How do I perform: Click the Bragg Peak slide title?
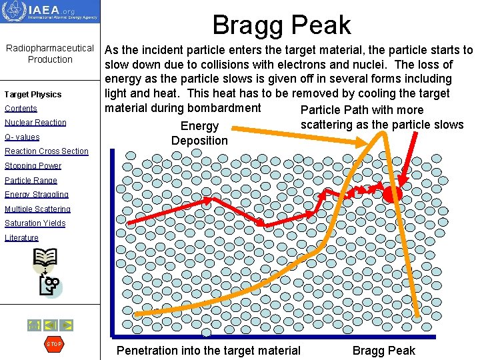tap(281, 25)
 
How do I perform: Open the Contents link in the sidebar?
tap(21, 109)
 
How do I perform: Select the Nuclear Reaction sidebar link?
tap(35, 123)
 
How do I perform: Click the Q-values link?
tap(22, 137)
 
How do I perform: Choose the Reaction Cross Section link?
tap(47, 151)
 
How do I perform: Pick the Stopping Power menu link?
tap(33, 166)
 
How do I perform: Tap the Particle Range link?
tap(31, 181)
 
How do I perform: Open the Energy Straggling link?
tap(37, 195)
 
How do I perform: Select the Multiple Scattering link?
tap(38, 209)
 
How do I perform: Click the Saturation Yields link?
tap(35, 223)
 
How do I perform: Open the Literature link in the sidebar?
tap(22, 238)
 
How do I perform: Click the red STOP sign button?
tap(53, 344)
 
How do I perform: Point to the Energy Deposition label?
tap(199, 133)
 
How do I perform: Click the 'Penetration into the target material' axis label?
tap(209, 351)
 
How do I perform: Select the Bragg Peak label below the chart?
tap(383, 351)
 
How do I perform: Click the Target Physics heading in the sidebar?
tap(33, 95)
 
